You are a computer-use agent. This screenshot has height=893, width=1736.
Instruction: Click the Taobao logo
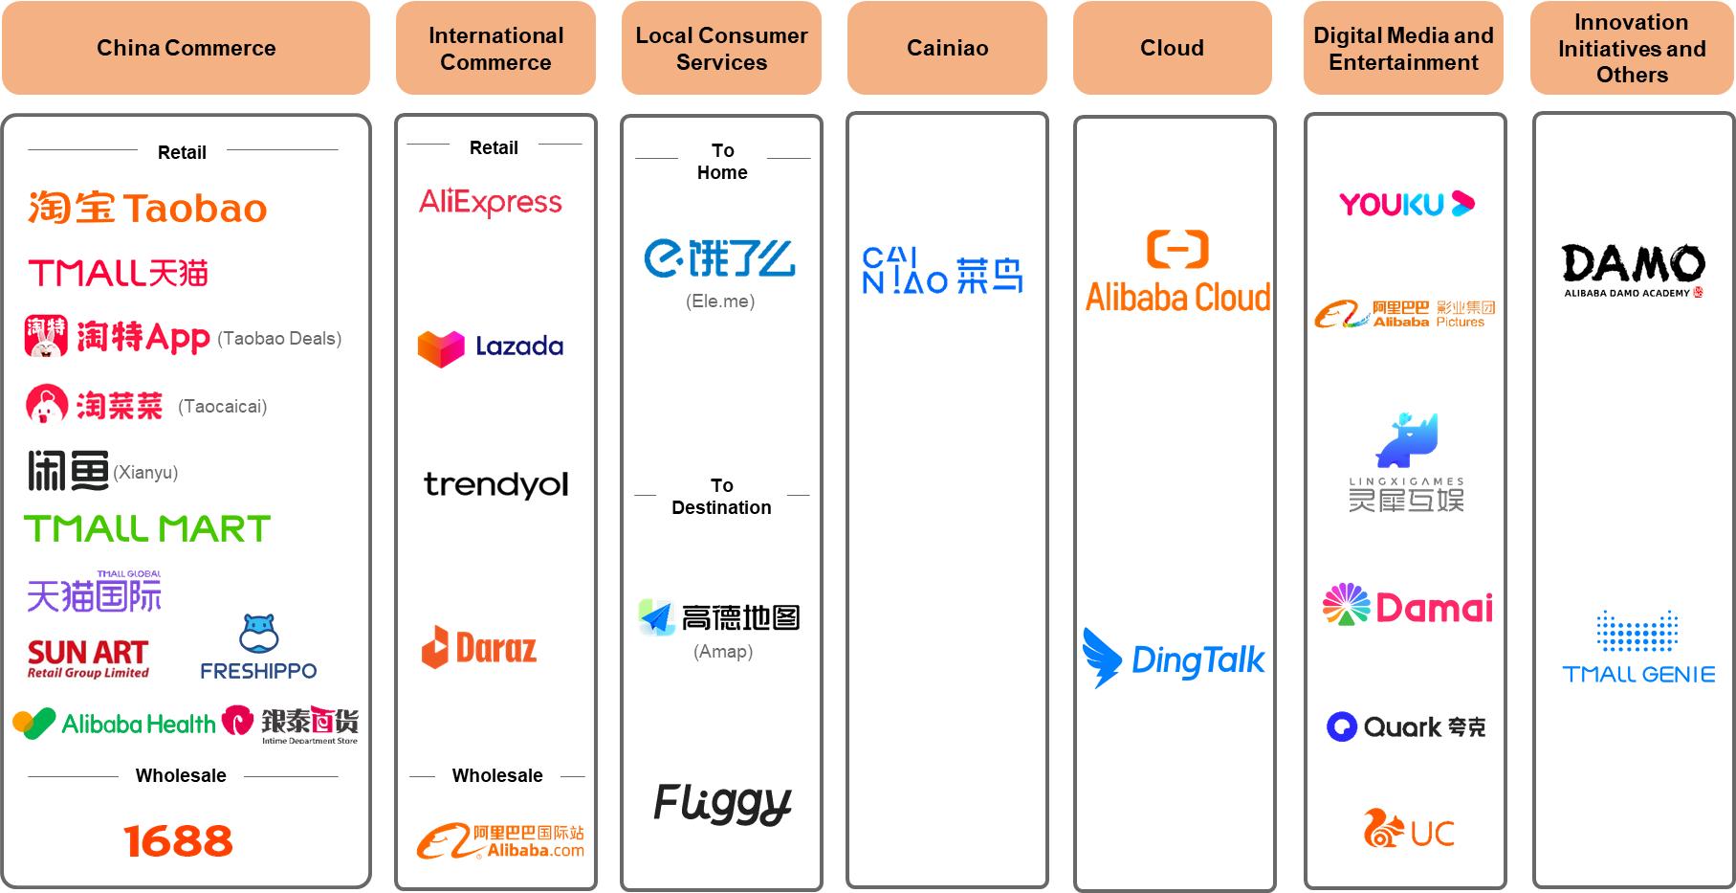147,208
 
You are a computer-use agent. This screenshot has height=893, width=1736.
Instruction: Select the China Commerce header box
186,48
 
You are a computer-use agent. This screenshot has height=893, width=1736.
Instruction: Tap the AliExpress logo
491,202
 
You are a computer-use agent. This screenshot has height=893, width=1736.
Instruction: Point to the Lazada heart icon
441,348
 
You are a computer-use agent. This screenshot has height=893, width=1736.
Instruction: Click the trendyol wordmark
495,484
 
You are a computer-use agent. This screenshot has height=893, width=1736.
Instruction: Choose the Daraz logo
479,648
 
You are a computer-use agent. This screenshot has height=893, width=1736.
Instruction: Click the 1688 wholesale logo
178,841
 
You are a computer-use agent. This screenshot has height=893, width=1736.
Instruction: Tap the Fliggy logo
722,803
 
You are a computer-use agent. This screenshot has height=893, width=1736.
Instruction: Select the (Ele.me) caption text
720,301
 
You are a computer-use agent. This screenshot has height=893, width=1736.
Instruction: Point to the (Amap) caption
723,652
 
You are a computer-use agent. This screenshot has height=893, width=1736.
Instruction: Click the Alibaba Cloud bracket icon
1177,249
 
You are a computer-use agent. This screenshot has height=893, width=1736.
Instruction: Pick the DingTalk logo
1174,659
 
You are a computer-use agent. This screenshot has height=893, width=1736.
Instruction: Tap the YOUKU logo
1406,204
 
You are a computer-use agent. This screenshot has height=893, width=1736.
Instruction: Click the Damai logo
1407,606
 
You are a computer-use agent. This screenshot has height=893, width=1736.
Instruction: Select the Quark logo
1406,727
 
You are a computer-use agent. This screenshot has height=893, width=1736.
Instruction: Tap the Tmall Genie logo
1638,648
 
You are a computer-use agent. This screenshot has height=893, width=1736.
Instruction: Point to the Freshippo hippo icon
258,634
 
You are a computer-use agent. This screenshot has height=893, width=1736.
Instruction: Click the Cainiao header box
947,48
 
